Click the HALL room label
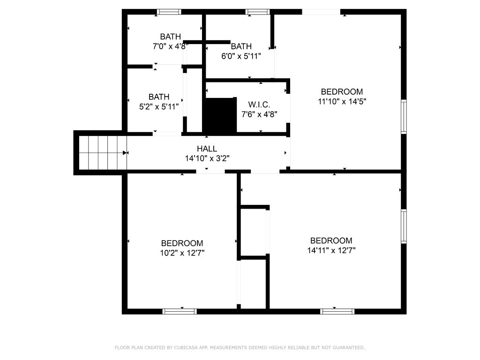tap(207, 149)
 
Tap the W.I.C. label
tap(259, 105)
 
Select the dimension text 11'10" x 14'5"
tap(342, 101)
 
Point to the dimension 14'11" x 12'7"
tap(331, 250)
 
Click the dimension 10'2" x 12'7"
tap(182, 253)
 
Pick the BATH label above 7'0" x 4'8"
tap(171, 37)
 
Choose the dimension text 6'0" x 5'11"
tap(241, 56)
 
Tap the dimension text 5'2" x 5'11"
tap(159, 107)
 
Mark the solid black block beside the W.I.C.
tap(220, 115)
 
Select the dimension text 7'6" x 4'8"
tap(259, 114)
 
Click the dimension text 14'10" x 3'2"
tap(207, 158)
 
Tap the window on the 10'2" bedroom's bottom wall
tap(180, 312)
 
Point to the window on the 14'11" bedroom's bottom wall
tap(337, 312)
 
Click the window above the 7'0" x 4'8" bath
tap(169, 12)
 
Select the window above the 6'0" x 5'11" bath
tap(257, 12)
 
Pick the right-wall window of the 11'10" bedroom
tap(404, 117)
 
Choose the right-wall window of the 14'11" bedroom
tap(404, 226)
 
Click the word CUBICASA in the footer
tap(185, 348)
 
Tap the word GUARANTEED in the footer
tap(349, 348)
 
